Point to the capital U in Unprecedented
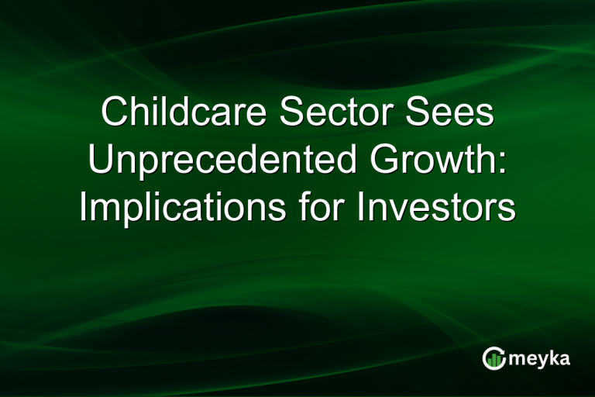[x=100, y=161]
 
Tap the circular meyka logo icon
[x=494, y=358]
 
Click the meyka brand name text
[x=538, y=359]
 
